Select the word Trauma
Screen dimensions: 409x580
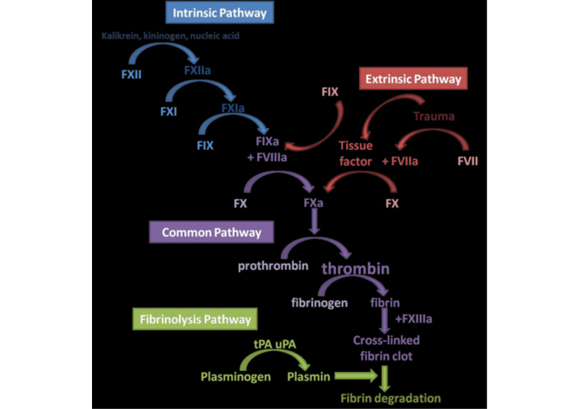tap(433, 117)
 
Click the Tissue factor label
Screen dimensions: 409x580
tap(356, 153)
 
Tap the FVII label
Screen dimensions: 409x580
tap(468, 161)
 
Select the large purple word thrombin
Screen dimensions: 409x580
tap(355, 269)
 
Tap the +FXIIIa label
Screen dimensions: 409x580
tap(414, 318)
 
